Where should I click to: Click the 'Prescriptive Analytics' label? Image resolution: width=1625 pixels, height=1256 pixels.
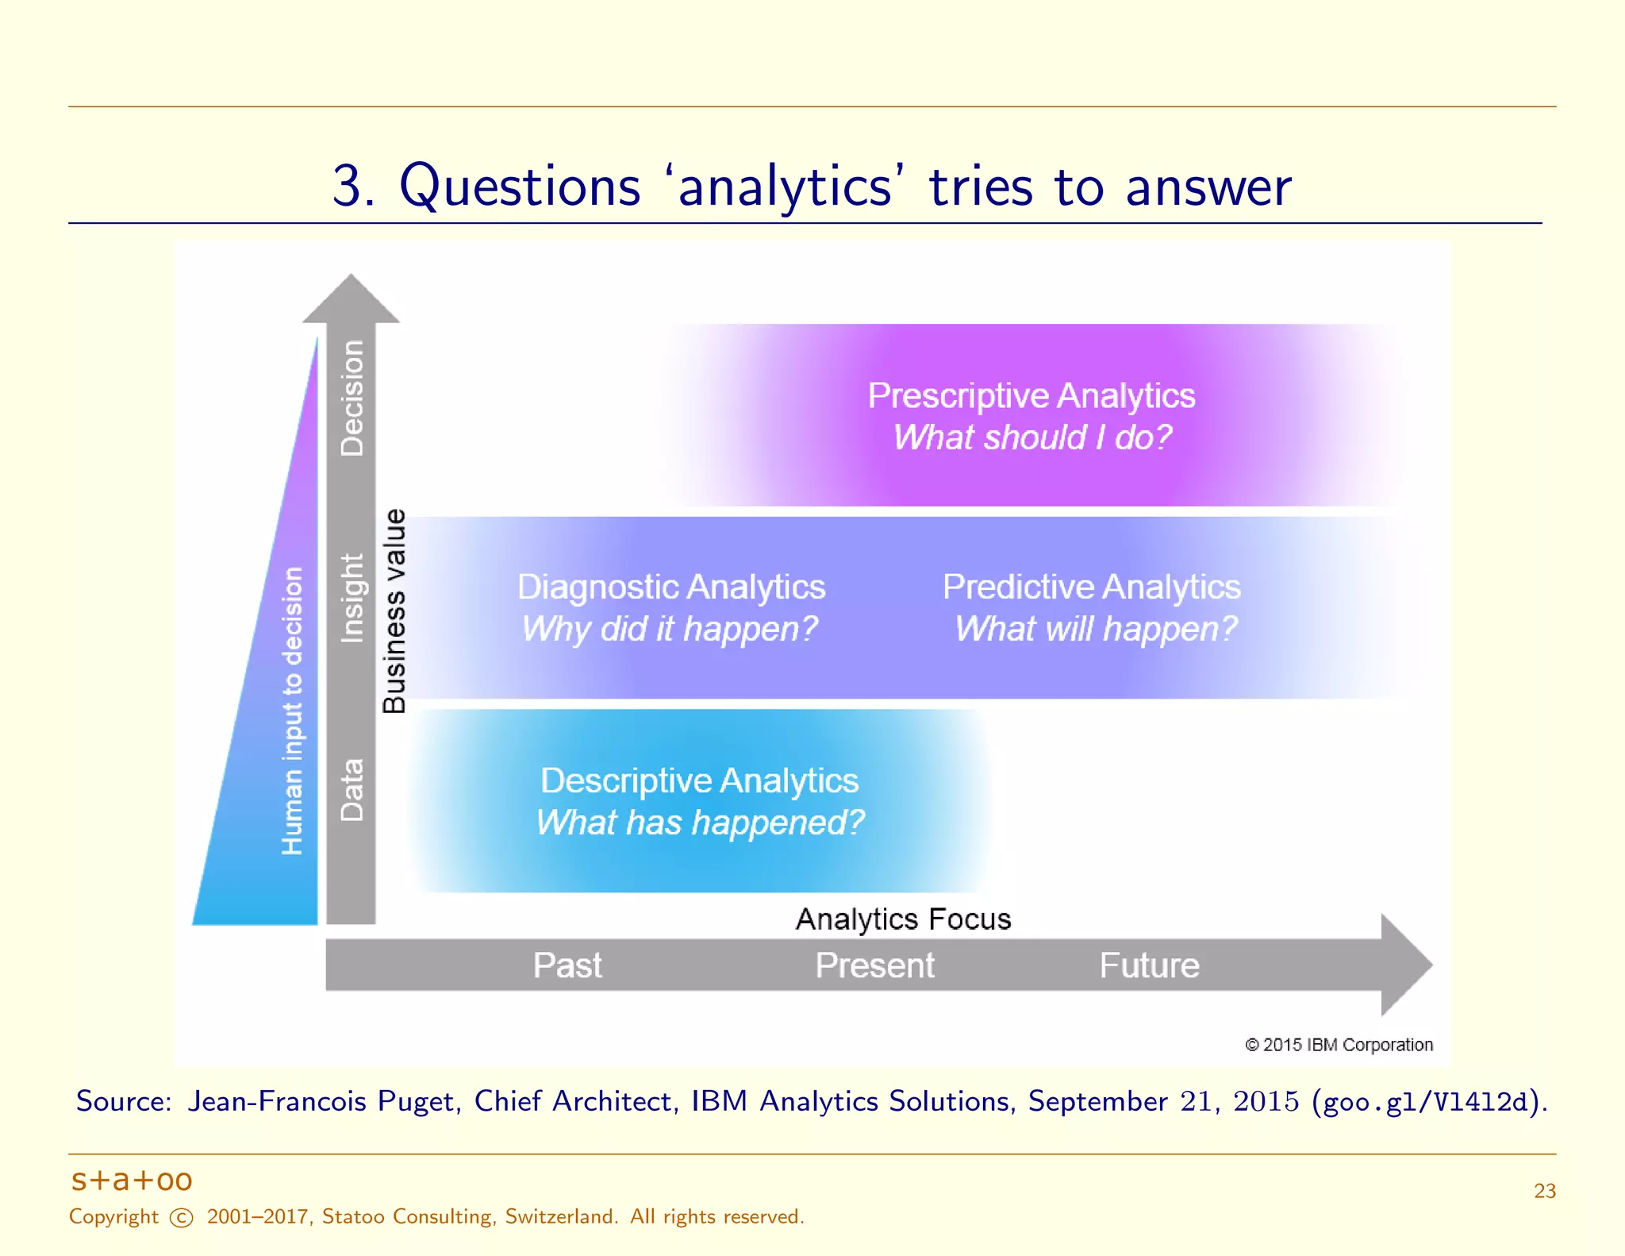[x=1031, y=395]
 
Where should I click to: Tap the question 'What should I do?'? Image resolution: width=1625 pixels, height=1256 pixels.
[x=1031, y=437]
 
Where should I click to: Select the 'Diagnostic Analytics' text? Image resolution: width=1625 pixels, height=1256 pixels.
[x=671, y=588]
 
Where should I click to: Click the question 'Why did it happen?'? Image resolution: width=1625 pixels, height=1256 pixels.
[x=670, y=629]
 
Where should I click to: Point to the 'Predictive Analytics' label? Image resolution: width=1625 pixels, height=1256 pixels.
[x=1091, y=588]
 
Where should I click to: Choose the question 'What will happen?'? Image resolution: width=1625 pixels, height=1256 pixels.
[x=1095, y=629]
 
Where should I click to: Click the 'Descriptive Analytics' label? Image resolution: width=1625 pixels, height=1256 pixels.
[x=699, y=780]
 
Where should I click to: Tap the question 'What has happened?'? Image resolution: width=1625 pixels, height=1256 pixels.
[x=699, y=823]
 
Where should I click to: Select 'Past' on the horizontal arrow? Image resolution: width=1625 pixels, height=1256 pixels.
[x=567, y=965]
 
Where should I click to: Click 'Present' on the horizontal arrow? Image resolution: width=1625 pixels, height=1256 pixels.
[x=874, y=965]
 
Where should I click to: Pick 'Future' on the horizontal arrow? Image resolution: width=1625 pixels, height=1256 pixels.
[x=1149, y=965]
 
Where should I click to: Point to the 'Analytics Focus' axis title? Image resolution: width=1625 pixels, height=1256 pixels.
[x=903, y=919]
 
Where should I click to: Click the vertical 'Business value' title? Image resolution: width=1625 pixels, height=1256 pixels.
[x=394, y=611]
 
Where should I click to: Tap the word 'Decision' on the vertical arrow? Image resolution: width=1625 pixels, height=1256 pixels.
[x=352, y=399]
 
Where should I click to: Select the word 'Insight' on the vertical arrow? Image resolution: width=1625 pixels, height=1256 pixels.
[x=352, y=598]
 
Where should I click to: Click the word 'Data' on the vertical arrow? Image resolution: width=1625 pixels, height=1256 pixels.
[x=352, y=789]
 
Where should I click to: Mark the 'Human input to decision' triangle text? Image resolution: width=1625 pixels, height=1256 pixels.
[x=292, y=711]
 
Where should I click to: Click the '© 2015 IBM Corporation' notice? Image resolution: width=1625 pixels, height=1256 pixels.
[x=1339, y=1045]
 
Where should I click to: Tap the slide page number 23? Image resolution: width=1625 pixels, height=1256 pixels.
[x=1544, y=1191]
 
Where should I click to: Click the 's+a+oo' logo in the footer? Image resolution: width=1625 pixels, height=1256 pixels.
[x=132, y=1181]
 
